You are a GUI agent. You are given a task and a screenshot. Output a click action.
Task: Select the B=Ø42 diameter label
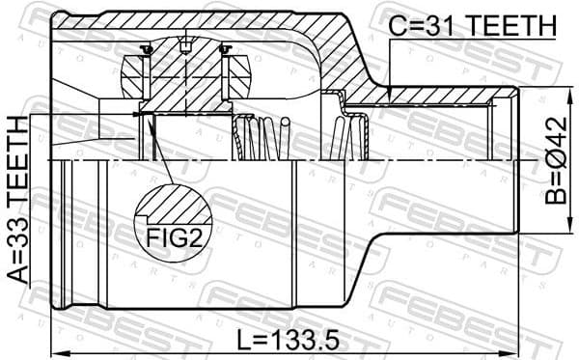point(556,163)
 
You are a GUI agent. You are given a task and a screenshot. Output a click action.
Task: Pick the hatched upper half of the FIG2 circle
point(173,205)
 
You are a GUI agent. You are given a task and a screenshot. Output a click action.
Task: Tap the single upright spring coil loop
point(286,134)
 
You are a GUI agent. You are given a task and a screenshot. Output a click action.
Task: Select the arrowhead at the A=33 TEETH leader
point(137,116)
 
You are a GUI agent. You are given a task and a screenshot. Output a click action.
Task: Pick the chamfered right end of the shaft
point(516,161)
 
